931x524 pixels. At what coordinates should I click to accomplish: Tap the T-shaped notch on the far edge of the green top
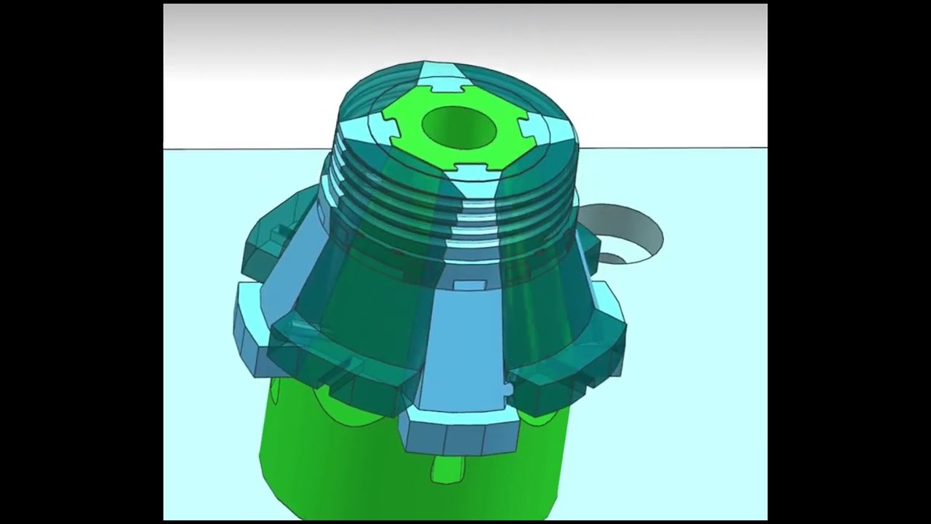[x=446, y=88]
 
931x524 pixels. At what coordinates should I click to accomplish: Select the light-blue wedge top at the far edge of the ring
[x=443, y=73]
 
